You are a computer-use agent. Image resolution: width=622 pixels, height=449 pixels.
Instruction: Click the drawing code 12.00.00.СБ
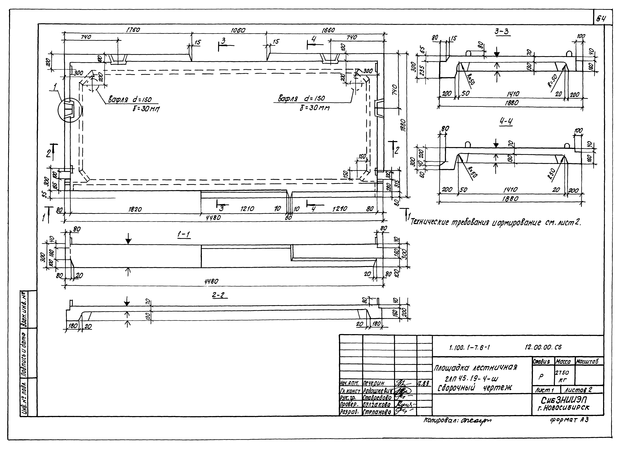pyautogui.click(x=543, y=347)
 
